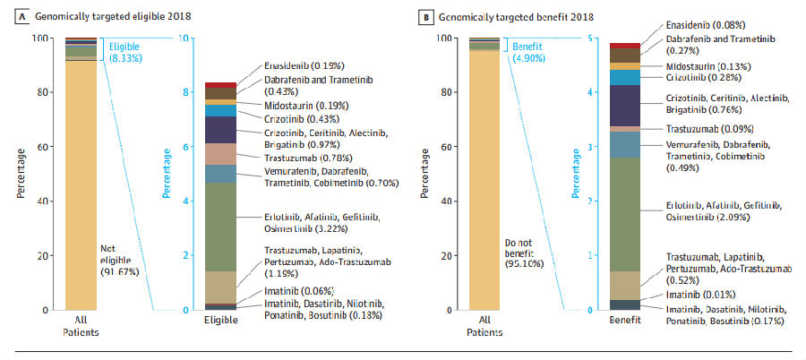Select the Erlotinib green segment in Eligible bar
(220, 227)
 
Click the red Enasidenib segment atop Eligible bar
(220, 85)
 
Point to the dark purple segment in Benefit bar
(624, 105)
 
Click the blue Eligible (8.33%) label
(124, 51)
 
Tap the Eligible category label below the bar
(220, 320)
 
